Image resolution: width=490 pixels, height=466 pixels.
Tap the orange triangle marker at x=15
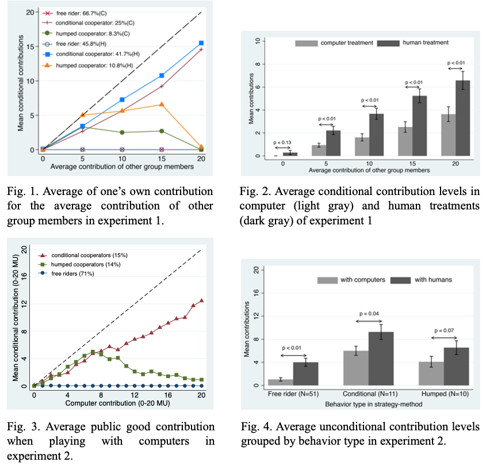pyautogui.click(x=162, y=104)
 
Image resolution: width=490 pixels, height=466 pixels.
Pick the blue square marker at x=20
pyautogui.click(x=201, y=43)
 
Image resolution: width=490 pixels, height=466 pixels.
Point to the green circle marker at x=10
pyautogui.click(x=122, y=132)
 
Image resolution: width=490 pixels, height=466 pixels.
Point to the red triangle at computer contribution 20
pyautogui.click(x=201, y=300)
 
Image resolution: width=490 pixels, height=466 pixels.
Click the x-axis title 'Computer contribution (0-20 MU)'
pyautogui.click(x=117, y=403)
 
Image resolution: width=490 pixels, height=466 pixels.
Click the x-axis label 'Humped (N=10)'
pyautogui.click(x=444, y=395)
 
